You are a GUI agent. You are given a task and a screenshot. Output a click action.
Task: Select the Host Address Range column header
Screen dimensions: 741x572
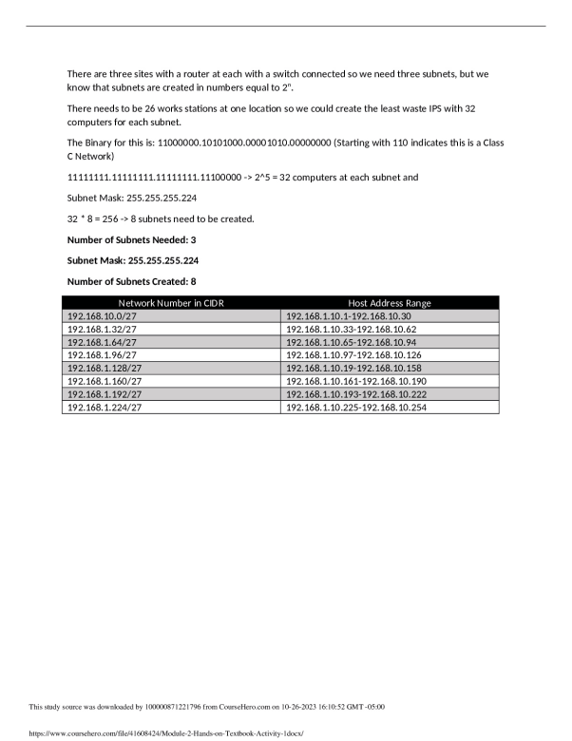[x=390, y=303]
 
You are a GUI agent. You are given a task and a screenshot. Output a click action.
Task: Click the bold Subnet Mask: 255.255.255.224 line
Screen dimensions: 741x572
[x=133, y=260]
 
